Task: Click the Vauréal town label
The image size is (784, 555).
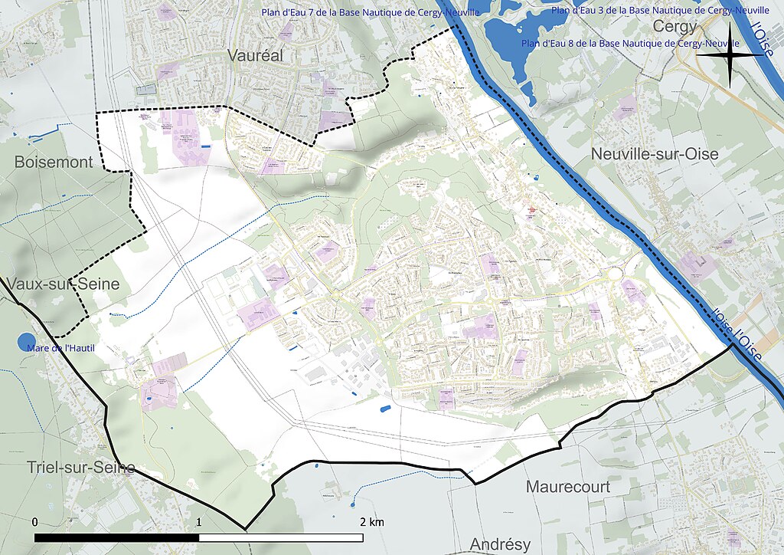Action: point(255,55)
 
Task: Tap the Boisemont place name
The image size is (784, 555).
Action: point(53,162)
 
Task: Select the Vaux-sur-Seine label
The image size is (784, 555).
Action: point(63,284)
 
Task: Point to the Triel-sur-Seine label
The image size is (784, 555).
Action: point(80,468)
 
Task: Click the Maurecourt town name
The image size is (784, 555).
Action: point(567,487)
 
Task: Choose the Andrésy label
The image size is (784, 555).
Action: point(499,544)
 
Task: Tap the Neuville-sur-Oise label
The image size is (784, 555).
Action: point(654,154)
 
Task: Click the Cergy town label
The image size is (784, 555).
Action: point(675,27)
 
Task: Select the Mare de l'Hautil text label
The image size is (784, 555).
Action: point(64,349)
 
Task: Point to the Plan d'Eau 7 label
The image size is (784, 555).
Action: point(371,13)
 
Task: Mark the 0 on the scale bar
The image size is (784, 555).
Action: point(35,522)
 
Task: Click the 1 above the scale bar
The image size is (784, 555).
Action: point(199,522)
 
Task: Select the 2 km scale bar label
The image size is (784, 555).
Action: point(372,522)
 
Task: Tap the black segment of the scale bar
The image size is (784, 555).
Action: point(117,537)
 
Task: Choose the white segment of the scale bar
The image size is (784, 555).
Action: point(281,537)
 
